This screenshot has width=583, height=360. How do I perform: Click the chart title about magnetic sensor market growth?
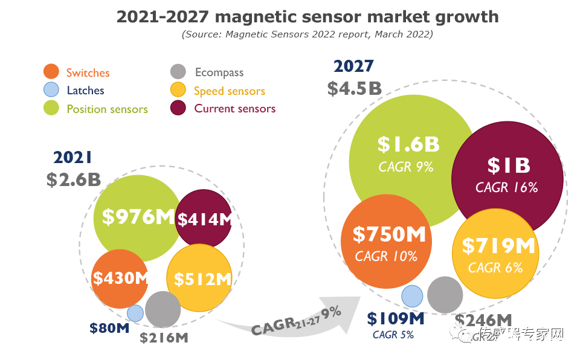pyautogui.click(x=308, y=16)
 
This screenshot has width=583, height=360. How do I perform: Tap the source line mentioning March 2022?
pyautogui.click(x=308, y=34)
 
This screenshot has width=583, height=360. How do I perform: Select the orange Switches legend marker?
pyautogui.click(x=52, y=72)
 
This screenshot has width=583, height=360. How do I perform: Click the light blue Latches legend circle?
pyautogui.click(x=52, y=90)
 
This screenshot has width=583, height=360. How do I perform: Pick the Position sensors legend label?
pyautogui.click(x=107, y=109)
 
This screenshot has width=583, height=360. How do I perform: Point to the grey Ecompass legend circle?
pyautogui.click(x=178, y=72)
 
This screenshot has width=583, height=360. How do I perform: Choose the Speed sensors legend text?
pyautogui.click(x=229, y=91)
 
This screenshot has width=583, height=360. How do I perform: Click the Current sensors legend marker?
pyautogui.click(x=178, y=109)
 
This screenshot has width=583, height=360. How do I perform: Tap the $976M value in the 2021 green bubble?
pyautogui.click(x=138, y=216)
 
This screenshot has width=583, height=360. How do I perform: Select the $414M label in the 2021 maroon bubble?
pyautogui.click(x=205, y=219)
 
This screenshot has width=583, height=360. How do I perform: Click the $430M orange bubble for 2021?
pyautogui.click(x=120, y=278)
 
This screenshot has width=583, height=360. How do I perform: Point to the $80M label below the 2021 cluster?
pyautogui.click(x=109, y=329)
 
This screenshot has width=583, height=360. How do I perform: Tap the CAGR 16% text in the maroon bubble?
pyautogui.click(x=506, y=187)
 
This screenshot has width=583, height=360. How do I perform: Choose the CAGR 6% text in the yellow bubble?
pyautogui.click(x=495, y=267)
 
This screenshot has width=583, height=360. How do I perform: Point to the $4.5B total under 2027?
pyautogui.click(x=354, y=88)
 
